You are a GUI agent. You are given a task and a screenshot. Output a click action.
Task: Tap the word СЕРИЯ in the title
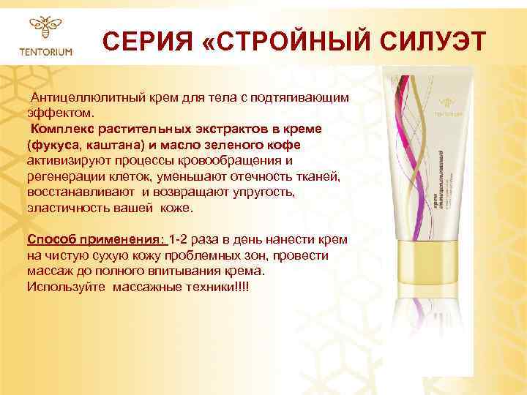[143, 42]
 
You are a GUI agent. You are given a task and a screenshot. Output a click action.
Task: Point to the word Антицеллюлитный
[82, 98]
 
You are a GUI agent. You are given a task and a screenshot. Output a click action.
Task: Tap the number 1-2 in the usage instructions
[180, 240]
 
